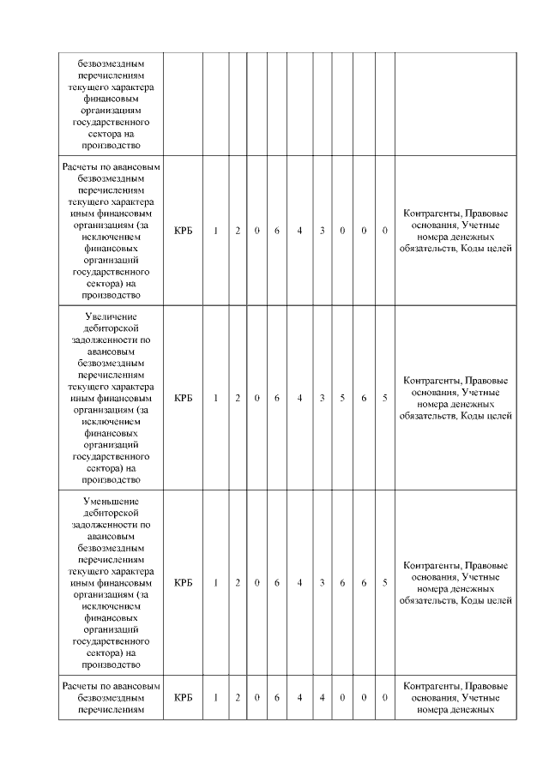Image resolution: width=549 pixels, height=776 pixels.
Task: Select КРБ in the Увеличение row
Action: (x=183, y=398)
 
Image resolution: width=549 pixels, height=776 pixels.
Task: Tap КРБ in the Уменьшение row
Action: (x=183, y=583)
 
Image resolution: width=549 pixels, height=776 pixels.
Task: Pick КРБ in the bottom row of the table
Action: (x=183, y=697)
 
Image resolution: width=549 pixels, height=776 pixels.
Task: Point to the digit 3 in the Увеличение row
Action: (x=322, y=398)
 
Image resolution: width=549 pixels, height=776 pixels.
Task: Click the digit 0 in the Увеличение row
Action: (x=257, y=398)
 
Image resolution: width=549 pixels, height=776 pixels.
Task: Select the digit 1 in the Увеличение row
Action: (x=216, y=398)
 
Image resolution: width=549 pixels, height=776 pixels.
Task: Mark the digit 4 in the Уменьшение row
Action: (x=299, y=583)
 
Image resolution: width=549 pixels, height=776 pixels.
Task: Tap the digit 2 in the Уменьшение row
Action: (x=238, y=583)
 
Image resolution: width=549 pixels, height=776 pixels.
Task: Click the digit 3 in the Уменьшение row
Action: (x=322, y=583)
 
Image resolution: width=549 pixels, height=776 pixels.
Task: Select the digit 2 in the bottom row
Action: (x=238, y=697)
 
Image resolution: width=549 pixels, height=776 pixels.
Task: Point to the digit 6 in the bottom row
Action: (x=277, y=697)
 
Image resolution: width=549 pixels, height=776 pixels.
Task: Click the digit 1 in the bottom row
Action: (x=216, y=697)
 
